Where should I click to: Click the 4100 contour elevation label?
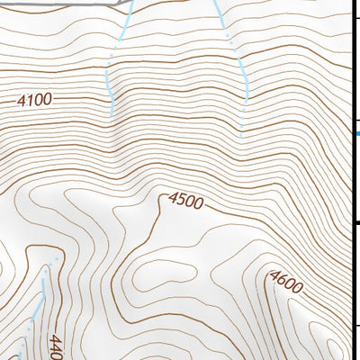pos(34,101)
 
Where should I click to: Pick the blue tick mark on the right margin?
pos(356,134)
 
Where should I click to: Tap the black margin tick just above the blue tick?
pos(356,120)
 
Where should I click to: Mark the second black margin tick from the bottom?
pos(356,223)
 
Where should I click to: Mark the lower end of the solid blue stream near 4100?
pos(112,114)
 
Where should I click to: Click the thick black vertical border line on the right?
pos(352,180)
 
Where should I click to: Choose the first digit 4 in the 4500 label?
pos(172,197)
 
